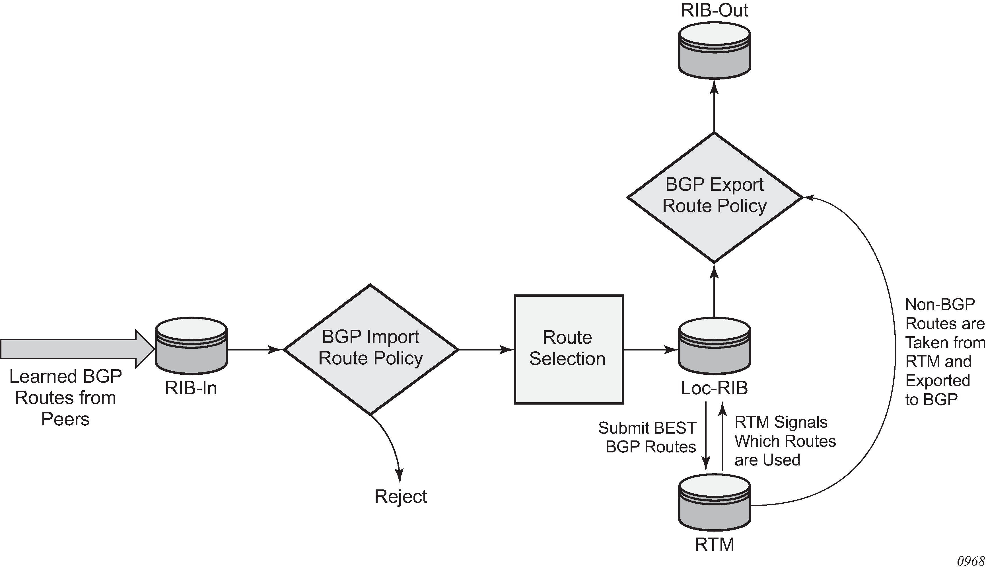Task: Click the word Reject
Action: tap(400, 497)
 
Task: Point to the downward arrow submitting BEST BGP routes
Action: tap(706, 438)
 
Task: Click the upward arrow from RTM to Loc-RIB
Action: tap(723, 438)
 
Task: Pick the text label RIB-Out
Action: tap(714, 10)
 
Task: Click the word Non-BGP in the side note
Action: tap(940, 304)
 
